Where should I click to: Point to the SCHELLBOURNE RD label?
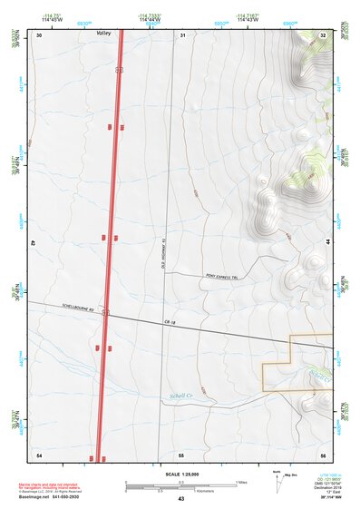[x=78, y=308]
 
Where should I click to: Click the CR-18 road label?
[x=169, y=321]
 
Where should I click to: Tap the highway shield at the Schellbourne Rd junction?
[x=105, y=312]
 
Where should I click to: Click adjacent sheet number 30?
[x=40, y=34]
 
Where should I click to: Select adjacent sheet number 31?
[x=182, y=34]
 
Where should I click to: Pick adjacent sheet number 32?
[x=324, y=34]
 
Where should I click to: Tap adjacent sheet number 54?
[x=39, y=454]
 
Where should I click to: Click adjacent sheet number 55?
[x=181, y=454]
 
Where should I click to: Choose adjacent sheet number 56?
[x=323, y=454]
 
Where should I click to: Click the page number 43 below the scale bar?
[x=181, y=499]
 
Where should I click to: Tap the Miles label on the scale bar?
[x=240, y=482]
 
